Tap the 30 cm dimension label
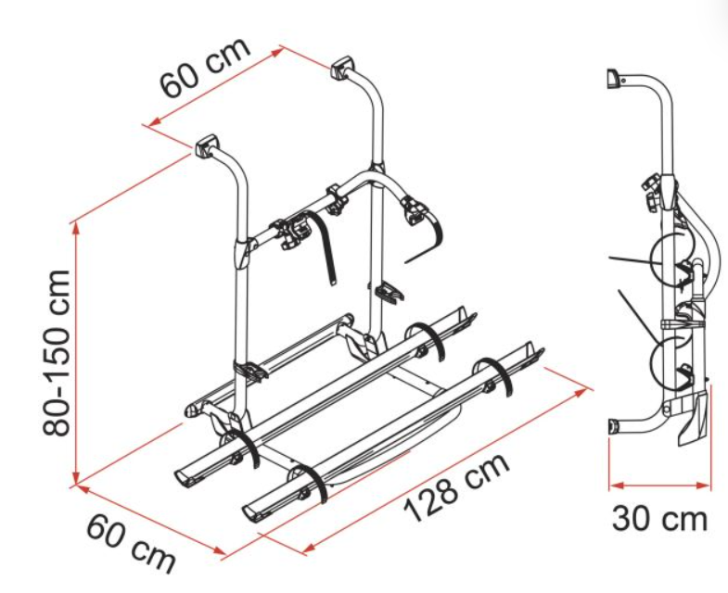tap(659, 518)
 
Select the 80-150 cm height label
tap(57, 352)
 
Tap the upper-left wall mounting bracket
tap(206, 145)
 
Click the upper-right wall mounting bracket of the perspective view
tap(341, 67)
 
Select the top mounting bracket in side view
tap(613, 78)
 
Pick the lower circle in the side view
tap(670, 361)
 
